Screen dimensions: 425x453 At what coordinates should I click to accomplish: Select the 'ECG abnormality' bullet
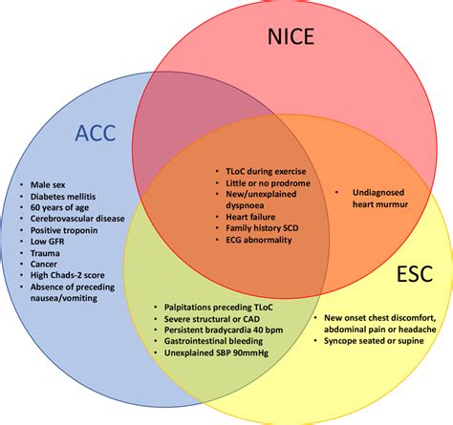[x=251, y=243]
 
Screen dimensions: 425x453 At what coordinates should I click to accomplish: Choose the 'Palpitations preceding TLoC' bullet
[x=217, y=308]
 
